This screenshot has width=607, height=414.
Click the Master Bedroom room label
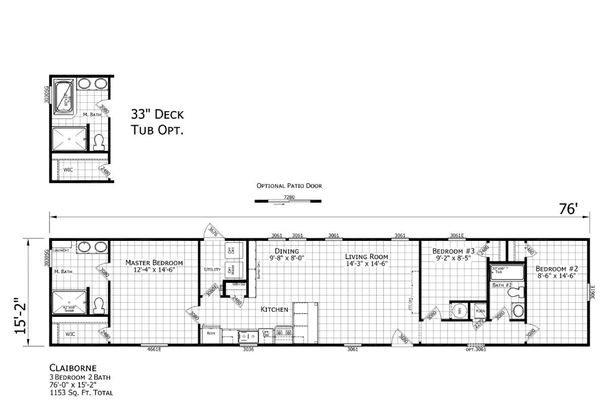point(154,263)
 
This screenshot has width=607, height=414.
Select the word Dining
point(287,251)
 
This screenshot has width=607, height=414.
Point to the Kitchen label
point(274,309)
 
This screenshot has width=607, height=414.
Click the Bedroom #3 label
point(453,251)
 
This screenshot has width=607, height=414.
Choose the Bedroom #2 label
point(556,268)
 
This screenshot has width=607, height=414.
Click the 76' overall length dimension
point(568,209)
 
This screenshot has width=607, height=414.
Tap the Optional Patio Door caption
point(289,186)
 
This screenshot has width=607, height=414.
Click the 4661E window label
point(154,349)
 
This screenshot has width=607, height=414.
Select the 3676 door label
point(213,232)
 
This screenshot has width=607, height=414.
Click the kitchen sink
point(247,335)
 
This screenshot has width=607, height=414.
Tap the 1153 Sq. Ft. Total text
point(81,393)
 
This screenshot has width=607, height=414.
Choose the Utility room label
point(211,270)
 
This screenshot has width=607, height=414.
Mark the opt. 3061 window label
point(475,349)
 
